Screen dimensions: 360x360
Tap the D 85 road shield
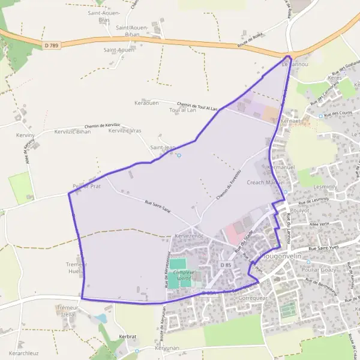226,265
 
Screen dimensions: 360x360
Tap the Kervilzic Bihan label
72,131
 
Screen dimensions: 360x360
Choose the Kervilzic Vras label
125,131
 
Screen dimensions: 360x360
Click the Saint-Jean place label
163,148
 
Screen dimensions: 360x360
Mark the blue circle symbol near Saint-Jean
179,156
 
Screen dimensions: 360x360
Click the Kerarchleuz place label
24,353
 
